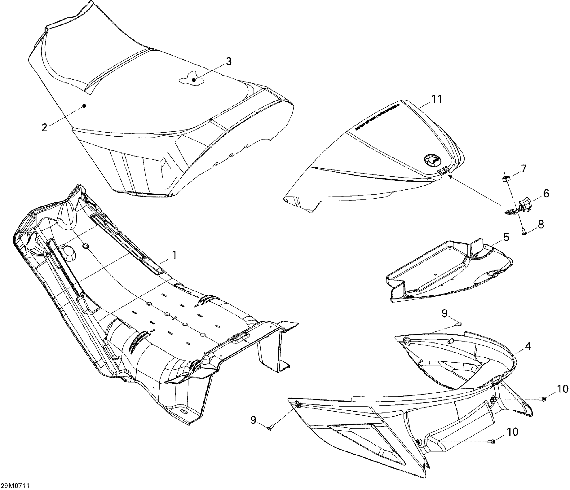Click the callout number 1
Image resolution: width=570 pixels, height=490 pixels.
tap(174, 255)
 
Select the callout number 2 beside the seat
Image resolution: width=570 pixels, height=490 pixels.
tap(44, 127)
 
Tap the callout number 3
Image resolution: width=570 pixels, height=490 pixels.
tap(228, 61)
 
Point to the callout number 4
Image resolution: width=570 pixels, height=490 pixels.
tap(528, 346)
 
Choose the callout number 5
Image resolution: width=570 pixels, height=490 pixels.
tap(506, 238)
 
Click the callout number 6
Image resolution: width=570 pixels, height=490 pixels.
tap(546, 193)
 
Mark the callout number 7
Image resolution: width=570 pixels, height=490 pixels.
tap(523, 169)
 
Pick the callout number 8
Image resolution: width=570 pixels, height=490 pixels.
tap(541, 225)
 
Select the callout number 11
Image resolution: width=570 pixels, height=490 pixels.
tap(436, 99)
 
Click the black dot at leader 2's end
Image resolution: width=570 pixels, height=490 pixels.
tap(84, 106)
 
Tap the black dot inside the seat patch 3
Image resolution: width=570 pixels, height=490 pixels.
tap(194, 80)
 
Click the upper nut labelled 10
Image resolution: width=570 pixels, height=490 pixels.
tap(543, 399)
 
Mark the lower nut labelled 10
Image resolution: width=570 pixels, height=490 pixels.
tap(493, 450)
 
